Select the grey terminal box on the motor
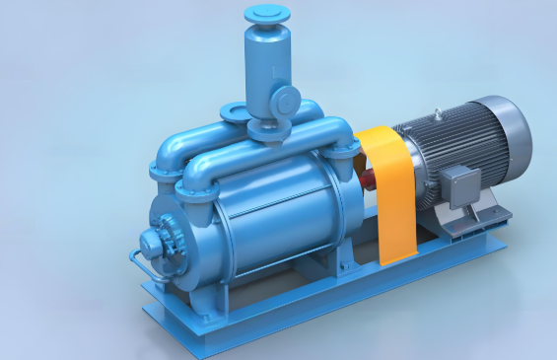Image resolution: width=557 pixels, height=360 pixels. coord(458,182)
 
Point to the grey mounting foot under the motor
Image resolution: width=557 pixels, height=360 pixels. coord(463,222)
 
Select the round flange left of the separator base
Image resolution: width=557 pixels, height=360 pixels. coord(235,112)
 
